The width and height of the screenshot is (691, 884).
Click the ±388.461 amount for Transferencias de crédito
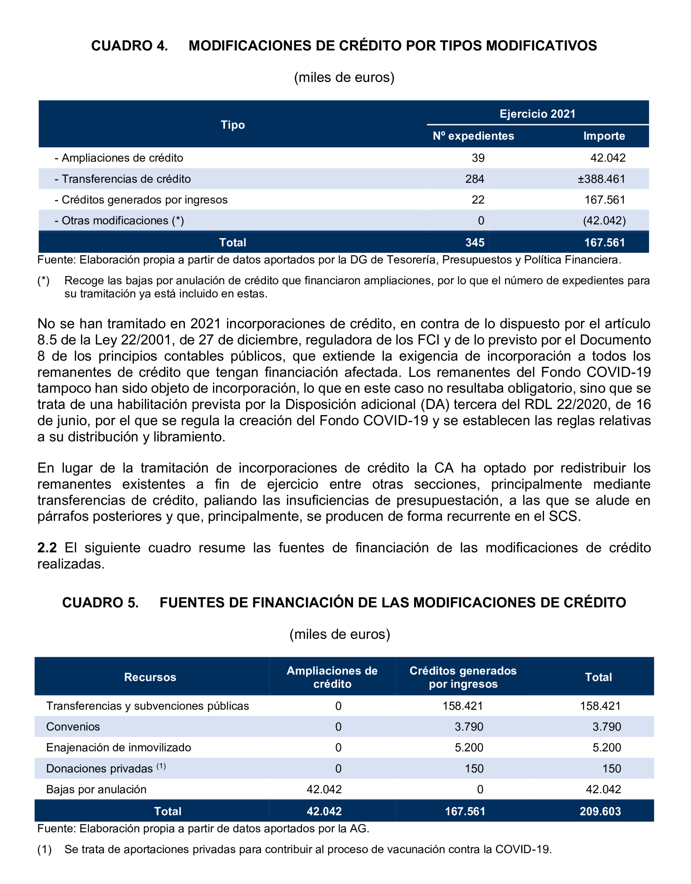click(x=601, y=179)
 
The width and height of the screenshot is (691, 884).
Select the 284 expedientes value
click(x=475, y=179)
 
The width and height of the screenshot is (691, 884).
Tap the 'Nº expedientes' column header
click(x=473, y=136)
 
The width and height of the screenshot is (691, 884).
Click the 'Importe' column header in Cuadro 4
click(x=604, y=136)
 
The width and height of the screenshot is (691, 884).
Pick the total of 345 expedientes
click(x=475, y=243)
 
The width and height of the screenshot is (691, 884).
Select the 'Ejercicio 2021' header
click(x=537, y=114)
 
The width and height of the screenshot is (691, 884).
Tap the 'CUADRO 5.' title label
click(x=100, y=603)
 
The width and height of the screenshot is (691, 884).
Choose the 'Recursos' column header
click(x=150, y=677)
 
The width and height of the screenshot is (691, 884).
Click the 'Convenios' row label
click(x=73, y=727)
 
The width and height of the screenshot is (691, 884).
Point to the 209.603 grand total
click(x=600, y=811)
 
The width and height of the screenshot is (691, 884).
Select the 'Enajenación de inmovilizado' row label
click(x=119, y=747)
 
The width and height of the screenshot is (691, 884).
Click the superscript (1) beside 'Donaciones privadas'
click(x=161, y=766)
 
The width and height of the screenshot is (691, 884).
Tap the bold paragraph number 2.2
click(x=47, y=548)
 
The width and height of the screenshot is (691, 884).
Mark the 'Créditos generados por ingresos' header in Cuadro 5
click(x=463, y=677)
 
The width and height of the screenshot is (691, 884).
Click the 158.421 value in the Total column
click(x=600, y=706)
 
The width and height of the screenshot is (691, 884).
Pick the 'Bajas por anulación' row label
click(x=96, y=789)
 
